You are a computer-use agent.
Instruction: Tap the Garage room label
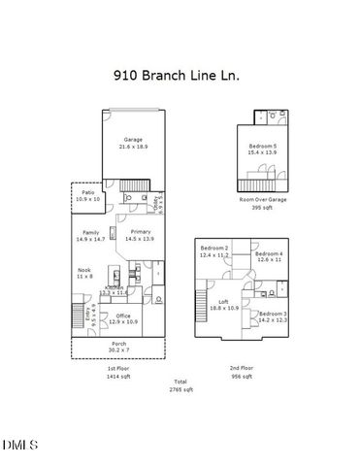(132, 143)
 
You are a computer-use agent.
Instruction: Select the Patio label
(88, 195)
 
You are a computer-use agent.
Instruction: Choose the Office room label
(123, 317)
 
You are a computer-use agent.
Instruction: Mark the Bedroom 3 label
(273, 316)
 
